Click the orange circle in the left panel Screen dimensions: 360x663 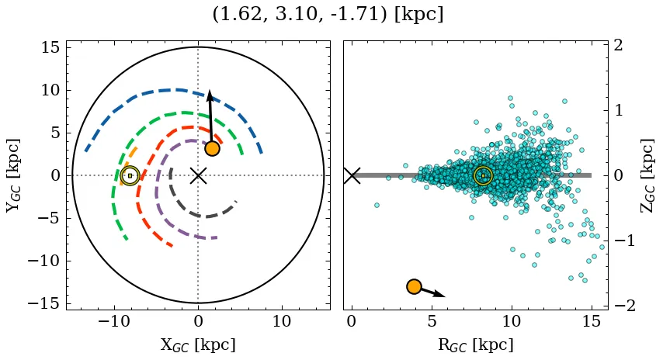coord(212,148)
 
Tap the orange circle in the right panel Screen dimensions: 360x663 coord(414,287)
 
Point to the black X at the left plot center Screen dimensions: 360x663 coord(198,175)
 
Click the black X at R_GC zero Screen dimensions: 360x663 coord(352,175)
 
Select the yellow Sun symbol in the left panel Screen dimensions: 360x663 coord(130,175)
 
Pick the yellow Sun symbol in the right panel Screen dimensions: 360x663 coord(483,175)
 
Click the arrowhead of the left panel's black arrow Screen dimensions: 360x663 coord(209,95)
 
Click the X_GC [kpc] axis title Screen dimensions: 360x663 coord(198,345)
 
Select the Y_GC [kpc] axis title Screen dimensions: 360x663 coord(13,175)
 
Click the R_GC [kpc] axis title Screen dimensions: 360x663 coord(475,345)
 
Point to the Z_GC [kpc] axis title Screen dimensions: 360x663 coord(647,175)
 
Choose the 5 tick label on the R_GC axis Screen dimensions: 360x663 coord(432,321)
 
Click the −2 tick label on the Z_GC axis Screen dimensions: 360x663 coord(626,306)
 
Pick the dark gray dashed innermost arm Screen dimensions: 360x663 coord(203,216)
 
